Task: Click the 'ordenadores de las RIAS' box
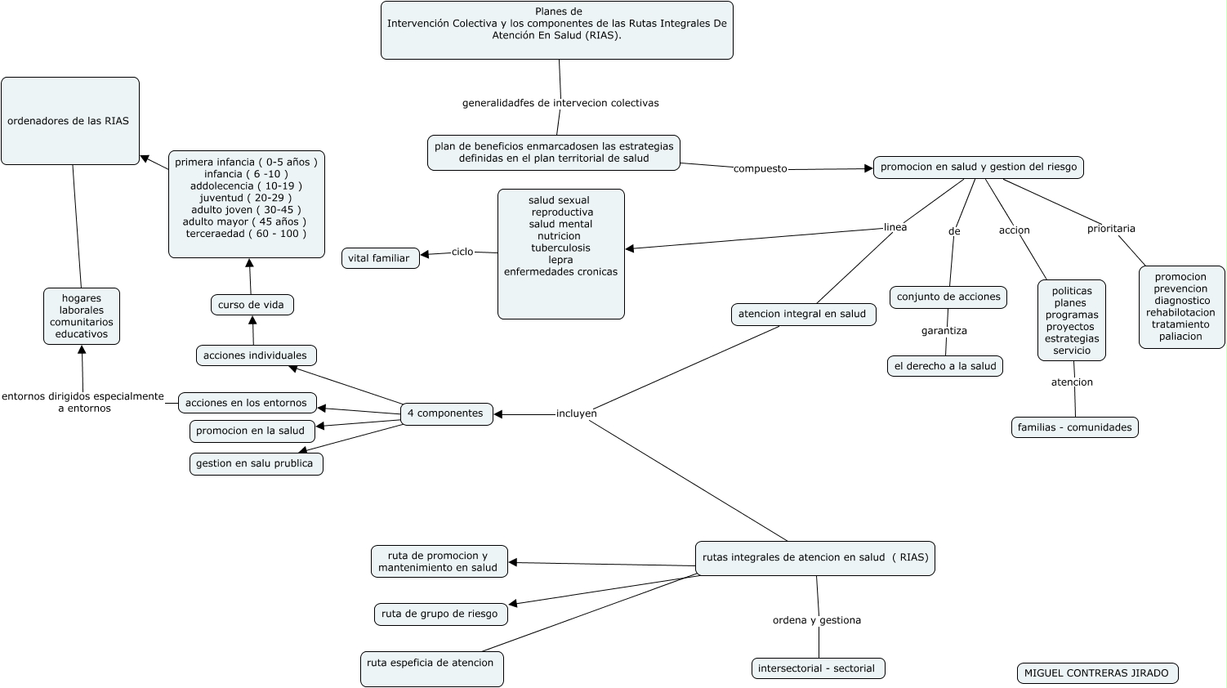pos(70,120)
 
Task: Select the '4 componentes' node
pos(446,413)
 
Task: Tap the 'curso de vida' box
pos(252,305)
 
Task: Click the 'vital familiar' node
pos(380,258)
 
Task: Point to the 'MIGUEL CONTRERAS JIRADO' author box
pos(1097,673)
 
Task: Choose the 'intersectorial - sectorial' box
pos(818,668)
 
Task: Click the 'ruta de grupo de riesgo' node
pos(440,614)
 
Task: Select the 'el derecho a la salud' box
pos(945,366)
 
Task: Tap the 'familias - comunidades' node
pos(1075,427)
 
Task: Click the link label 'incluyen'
pos(576,413)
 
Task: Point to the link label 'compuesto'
pos(761,168)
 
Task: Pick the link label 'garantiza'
pos(944,331)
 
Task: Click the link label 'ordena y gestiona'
pos(817,620)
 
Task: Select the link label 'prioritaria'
pos(1111,229)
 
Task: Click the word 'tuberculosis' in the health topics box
pos(560,248)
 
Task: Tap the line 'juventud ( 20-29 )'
pos(246,198)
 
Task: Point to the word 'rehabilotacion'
pos(1180,312)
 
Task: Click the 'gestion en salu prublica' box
pos(257,464)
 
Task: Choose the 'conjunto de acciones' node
pos(948,297)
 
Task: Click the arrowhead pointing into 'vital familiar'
pos(425,255)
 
